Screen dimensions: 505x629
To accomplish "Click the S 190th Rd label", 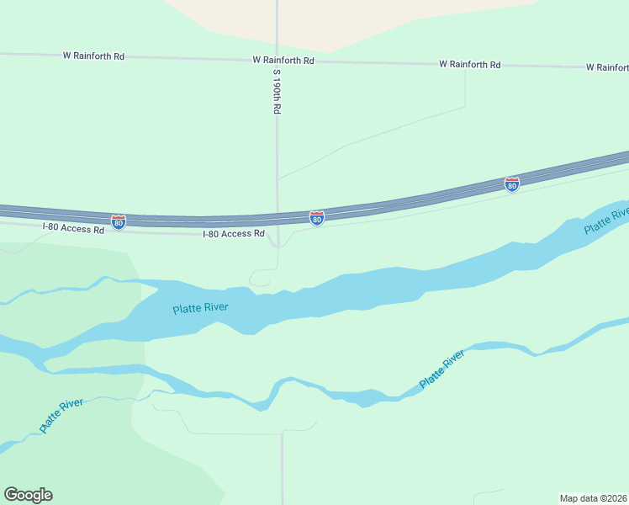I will pos(275,91).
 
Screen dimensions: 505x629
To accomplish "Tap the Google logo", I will pos(28,495).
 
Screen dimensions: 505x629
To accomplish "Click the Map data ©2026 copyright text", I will pos(593,498).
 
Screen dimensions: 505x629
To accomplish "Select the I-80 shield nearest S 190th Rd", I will pos(316,219).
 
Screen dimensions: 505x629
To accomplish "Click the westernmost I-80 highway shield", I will pos(119,222).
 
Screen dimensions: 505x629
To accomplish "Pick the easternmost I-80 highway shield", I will pos(511,183).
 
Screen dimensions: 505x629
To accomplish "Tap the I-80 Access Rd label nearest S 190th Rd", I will pos(234,234).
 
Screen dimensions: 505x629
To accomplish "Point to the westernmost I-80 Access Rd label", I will pos(73,228).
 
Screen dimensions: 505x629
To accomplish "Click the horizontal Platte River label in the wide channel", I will pos(201,308).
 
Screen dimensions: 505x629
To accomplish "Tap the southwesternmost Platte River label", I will pos(61,416).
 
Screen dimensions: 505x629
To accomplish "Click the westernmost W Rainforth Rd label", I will pos(93,56).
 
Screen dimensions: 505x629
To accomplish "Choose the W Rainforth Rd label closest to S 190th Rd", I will pos(283,61).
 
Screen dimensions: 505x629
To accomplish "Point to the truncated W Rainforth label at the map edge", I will pos(607,66).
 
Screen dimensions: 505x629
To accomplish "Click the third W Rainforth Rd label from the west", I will pos(469,65).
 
